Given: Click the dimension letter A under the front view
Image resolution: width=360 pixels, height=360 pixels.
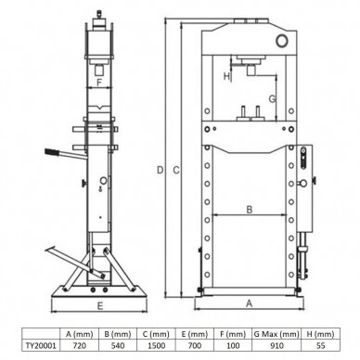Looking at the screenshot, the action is pos(249,303).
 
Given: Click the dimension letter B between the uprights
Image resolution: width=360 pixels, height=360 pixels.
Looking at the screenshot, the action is pos(250,210).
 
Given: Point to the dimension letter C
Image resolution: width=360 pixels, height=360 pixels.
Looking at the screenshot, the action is pos(176,170).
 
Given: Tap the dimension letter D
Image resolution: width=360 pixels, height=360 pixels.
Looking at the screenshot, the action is pos(160,170).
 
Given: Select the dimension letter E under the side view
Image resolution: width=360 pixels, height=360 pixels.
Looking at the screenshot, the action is pos(99,306).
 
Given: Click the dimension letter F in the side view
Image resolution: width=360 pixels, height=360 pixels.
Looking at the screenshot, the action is pos(99,83).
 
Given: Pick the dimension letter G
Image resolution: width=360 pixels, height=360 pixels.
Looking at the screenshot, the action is pos(272,99).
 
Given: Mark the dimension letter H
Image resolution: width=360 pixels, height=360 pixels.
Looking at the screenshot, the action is pos(226,76).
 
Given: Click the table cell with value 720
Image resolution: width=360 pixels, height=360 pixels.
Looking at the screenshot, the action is pos(79,345).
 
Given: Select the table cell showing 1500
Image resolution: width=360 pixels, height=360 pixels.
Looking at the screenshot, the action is pos(156,345).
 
